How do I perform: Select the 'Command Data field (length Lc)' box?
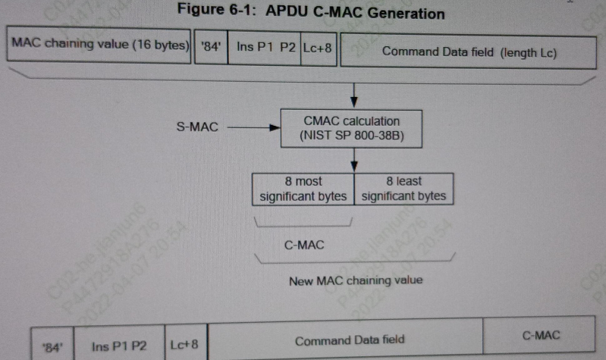(469, 52)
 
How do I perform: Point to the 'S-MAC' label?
(196, 127)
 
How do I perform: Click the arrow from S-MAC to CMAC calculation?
(253, 127)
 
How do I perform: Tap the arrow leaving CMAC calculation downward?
(354, 160)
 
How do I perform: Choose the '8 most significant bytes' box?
(303, 189)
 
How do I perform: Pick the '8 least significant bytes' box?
(403, 189)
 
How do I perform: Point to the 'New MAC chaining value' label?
(356, 280)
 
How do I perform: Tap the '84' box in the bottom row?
(52, 346)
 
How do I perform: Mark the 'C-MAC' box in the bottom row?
(541, 335)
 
